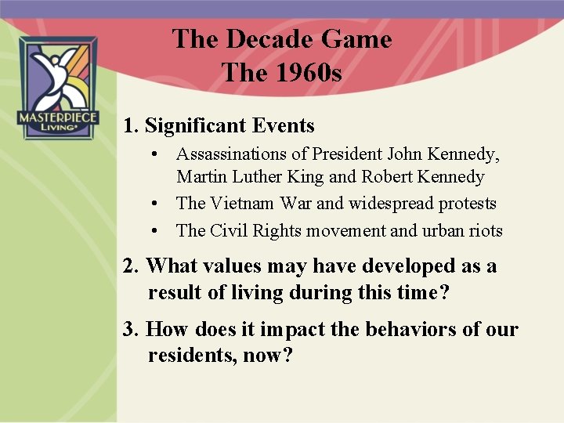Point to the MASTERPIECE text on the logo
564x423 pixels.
pyautogui.click(x=57, y=117)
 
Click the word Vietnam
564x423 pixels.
pyautogui.click(x=242, y=204)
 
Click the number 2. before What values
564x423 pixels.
pyautogui.click(x=131, y=266)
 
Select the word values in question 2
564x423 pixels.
pyautogui.click(x=233, y=266)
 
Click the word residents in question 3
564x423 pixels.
pyautogui.click(x=186, y=356)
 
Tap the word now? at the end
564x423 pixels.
pyautogui.click(x=269, y=356)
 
